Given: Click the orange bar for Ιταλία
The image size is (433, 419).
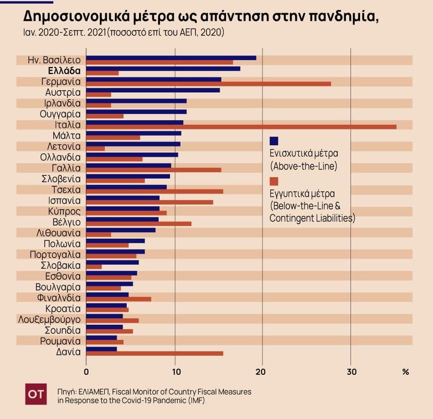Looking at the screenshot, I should [x=241, y=127].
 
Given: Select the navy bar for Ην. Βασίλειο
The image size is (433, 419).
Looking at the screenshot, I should [x=171, y=58].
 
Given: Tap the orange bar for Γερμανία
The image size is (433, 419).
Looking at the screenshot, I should [x=208, y=84].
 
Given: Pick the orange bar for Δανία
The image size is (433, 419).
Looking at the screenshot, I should [x=155, y=353].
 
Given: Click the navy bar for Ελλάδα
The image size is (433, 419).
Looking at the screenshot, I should [x=163, y=69].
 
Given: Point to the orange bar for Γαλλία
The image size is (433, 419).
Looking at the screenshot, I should [x=154, y=170].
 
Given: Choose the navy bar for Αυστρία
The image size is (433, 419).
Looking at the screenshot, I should [x=153, y=90].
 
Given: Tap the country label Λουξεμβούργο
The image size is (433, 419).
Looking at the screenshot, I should [x=49, y=319].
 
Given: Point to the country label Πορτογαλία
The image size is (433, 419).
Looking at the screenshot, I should [x=55, y=255].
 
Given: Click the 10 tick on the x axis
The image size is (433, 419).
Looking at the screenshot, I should [x=175, y=372].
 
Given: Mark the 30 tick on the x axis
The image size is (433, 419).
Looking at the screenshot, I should [x=351, y=372].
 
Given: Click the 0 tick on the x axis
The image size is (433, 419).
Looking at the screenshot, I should [x=86, y=372].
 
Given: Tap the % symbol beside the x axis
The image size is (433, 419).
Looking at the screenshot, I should [x=406, y=372].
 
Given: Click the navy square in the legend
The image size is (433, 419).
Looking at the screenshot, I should [x=274, y=141].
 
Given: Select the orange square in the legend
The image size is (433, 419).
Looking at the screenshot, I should [x=274, y=181].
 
